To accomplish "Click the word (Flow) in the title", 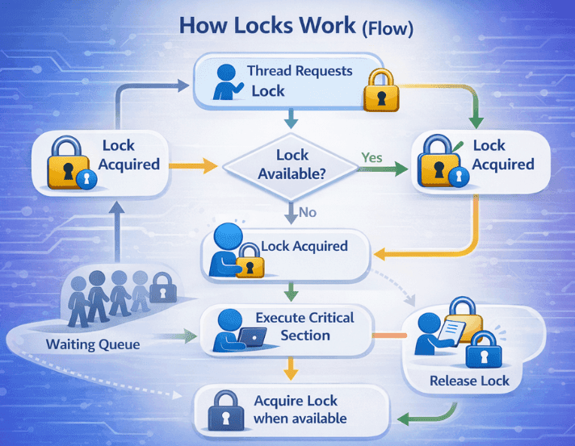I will point(387,27).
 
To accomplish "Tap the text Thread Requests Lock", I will point(300,81).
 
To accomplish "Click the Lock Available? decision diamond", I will point(291,165).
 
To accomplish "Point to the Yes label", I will point(371,157).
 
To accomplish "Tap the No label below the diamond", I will point(308,213).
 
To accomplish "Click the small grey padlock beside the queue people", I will point(163,286).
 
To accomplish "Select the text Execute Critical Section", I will point(304,326).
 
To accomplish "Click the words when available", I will point(300,419).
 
